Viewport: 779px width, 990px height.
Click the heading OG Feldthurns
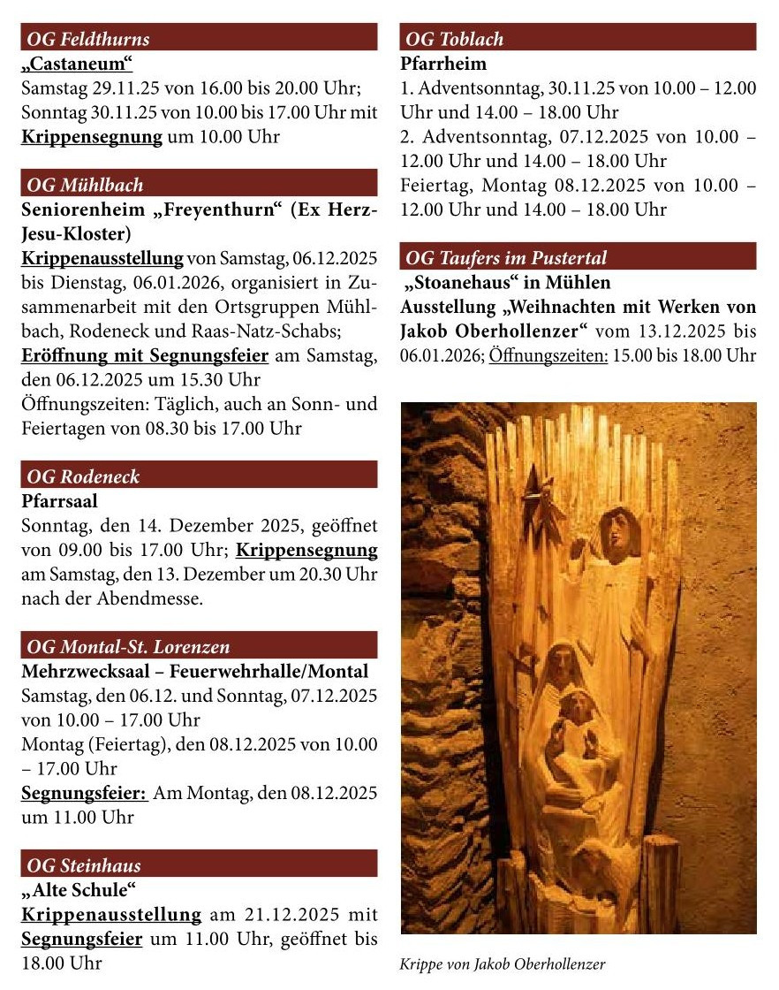coord(88,39)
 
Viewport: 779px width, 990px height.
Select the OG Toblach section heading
coord(454,39)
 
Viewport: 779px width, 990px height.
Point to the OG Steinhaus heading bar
coord(84,865)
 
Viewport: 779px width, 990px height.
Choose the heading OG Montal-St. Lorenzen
coord(129,647)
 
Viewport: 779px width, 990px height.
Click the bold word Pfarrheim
coord(443,64)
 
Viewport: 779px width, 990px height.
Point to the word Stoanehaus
coord(464,283)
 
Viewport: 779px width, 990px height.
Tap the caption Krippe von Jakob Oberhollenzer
coord(503,964)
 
